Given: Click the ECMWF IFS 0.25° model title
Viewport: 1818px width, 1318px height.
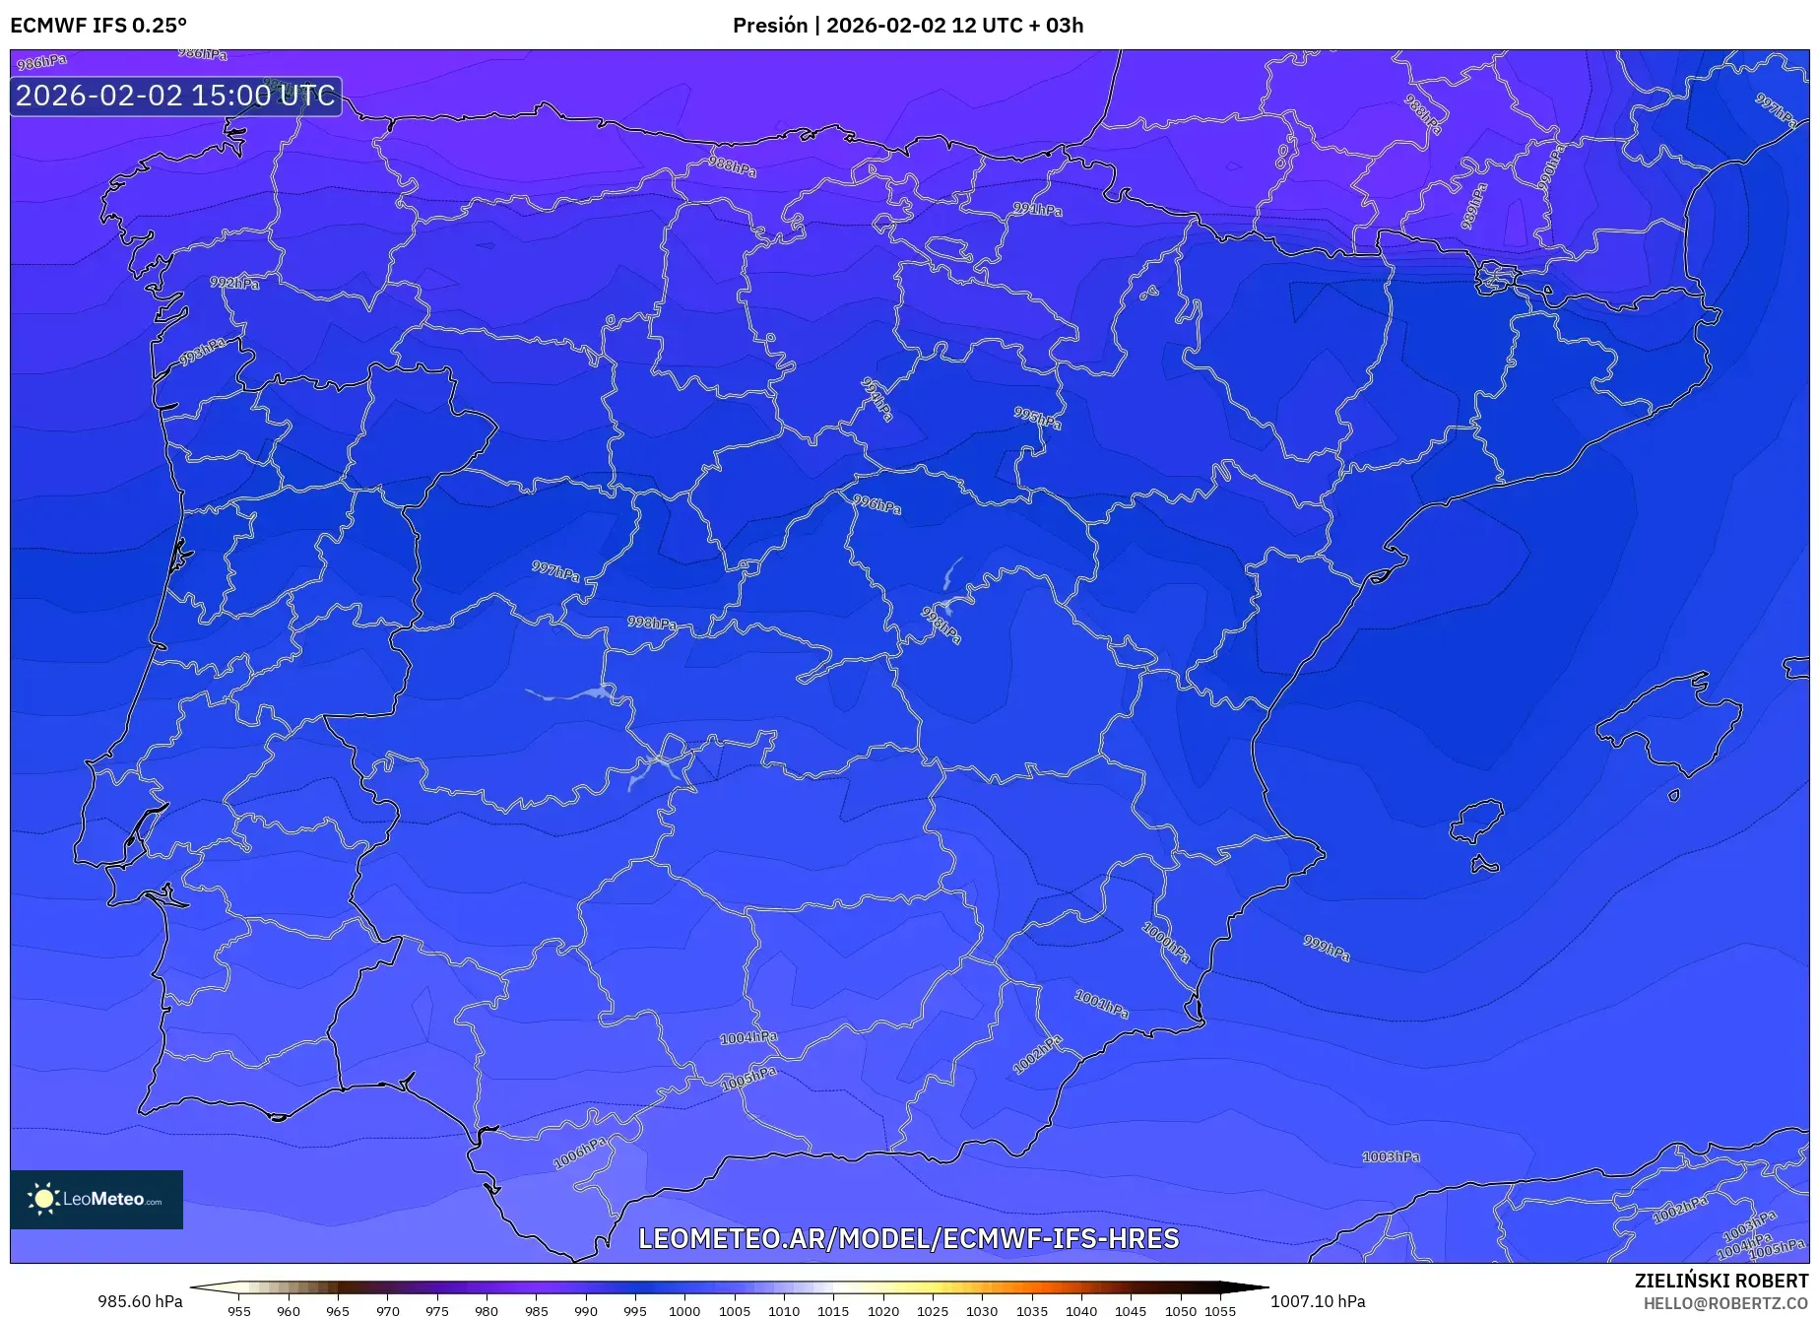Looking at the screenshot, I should click(x=98, y=26).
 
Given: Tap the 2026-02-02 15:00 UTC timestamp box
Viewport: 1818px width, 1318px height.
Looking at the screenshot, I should click(x=176, y=96).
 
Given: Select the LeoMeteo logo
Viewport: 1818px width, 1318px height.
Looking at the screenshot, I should click(x=97, y=1199).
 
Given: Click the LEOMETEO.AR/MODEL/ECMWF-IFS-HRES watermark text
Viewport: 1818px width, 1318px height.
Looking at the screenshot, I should click(x=908, y=1238).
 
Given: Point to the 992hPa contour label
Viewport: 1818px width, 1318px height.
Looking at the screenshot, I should click(x=234, y=283).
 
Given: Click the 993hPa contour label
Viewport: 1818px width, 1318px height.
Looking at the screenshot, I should click(x=203, y=351).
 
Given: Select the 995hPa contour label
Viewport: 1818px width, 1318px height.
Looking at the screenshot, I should click(x=1038, y=418).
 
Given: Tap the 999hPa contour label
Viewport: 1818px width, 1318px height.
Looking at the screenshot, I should click(x=1327, y=948).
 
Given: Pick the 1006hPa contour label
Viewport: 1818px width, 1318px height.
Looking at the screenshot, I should click(x=580, y=1153).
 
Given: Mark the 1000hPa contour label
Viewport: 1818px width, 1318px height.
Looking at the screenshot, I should click(x=1166, y=942).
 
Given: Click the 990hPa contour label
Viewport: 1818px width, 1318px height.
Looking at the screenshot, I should click(x=1550, y=166).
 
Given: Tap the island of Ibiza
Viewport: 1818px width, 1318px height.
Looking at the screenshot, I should click(x=1477, y=821).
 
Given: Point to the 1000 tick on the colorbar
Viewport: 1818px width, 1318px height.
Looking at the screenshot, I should click(x=684, y=1311).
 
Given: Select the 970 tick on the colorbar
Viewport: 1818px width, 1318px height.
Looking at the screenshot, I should click(x=388, y=1311).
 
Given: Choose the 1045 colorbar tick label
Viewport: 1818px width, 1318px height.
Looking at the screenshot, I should click(x=1131, y=1311).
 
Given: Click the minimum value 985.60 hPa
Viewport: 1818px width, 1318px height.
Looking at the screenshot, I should click(x=140, y=1301).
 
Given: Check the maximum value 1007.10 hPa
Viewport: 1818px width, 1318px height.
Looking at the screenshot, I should click(x=1318, y=1301).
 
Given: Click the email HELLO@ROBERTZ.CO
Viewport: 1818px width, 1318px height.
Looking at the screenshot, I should click(x=1725, y=1303).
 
